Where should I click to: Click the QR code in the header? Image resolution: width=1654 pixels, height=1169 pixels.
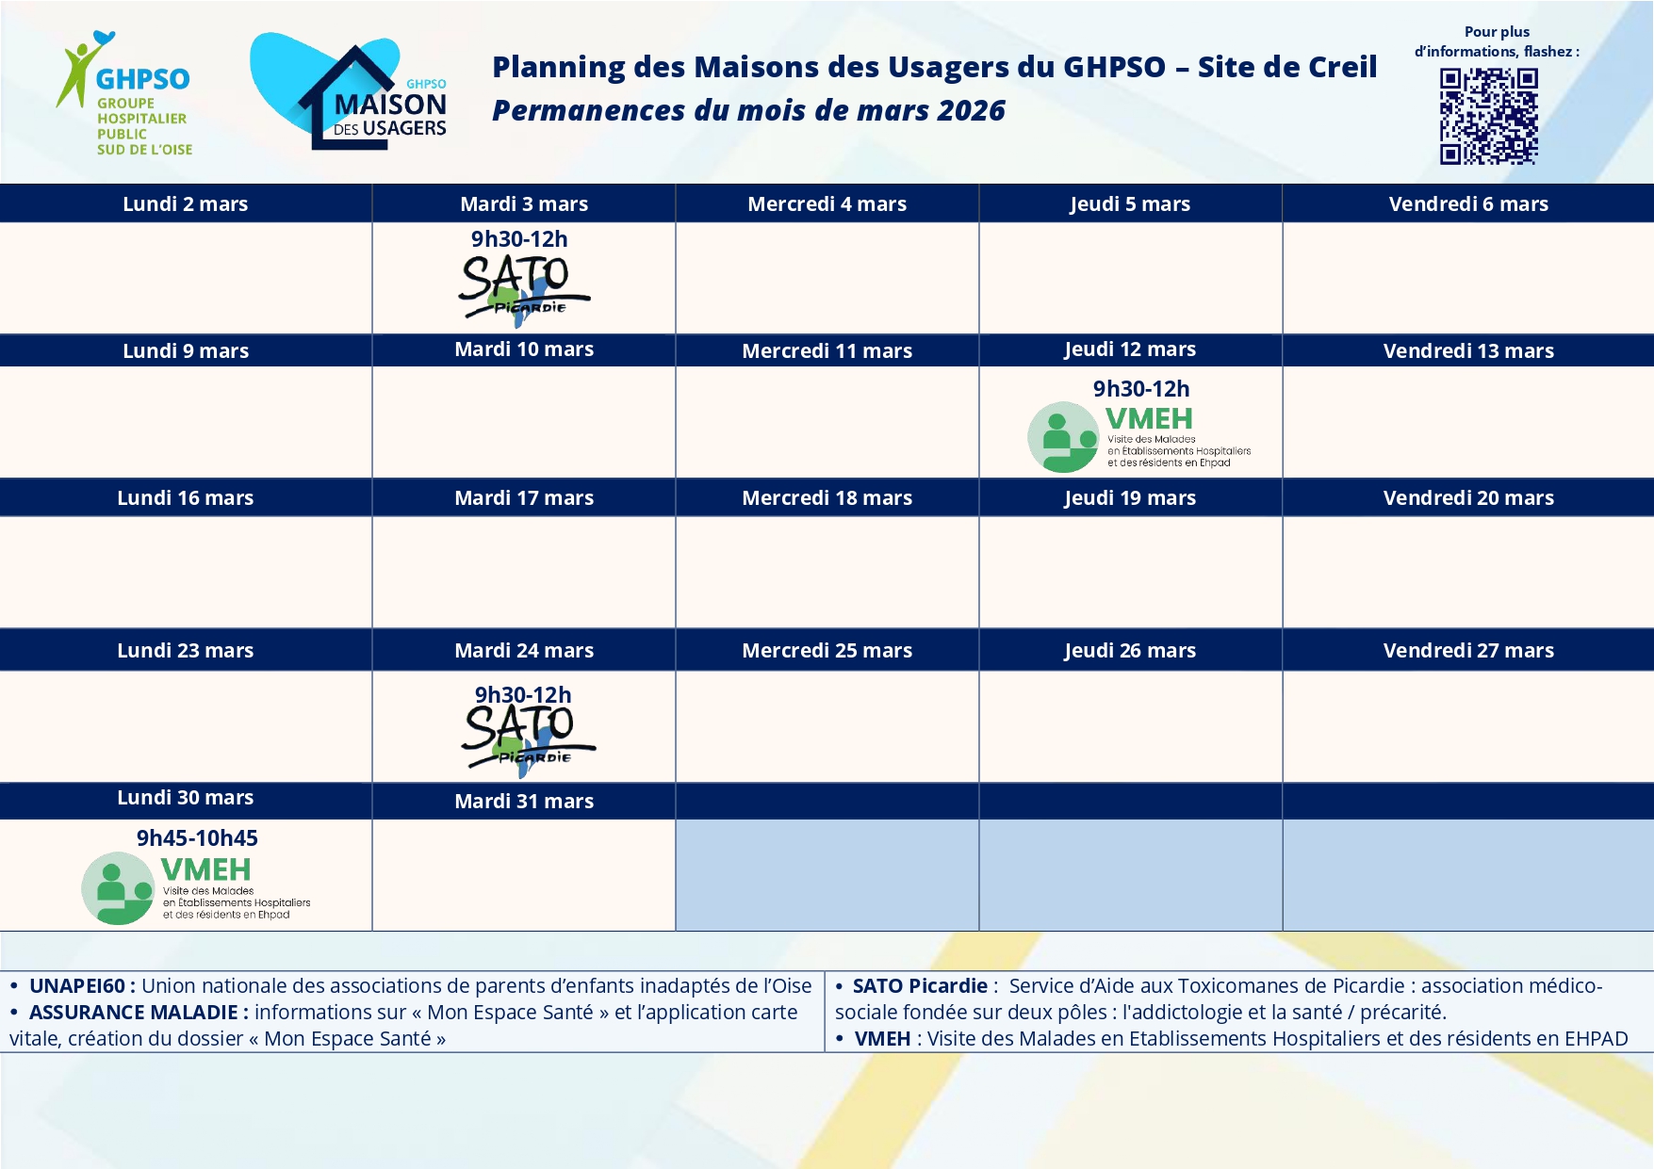(x=1488, y=117)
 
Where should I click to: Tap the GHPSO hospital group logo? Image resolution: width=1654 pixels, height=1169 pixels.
(x=124, y=94)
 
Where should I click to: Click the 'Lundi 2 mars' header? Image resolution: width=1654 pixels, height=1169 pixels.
(x=186, y=204)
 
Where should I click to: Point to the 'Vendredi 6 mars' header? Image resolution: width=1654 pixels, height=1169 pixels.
(x=1467, y=204)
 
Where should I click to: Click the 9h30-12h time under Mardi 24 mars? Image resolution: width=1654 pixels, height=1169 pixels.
(x=523, y=695)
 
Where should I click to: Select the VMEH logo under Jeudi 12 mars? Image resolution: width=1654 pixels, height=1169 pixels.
(x=1138, y=436)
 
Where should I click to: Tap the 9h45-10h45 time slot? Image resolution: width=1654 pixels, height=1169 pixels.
(x=197, y=838)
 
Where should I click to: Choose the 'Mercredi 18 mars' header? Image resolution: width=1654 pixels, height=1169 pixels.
(x=827, y=498)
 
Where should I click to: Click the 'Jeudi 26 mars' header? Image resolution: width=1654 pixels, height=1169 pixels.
(x=1130, y=651)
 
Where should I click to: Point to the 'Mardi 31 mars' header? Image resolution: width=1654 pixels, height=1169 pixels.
(x=524, y=802)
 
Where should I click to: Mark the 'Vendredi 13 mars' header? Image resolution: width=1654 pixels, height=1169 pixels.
(x=1467, y=351)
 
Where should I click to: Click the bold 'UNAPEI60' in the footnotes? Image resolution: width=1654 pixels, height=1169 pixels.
(x=77, y=986)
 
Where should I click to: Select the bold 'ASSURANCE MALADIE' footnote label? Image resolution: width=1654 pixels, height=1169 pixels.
(x=133, y=1013)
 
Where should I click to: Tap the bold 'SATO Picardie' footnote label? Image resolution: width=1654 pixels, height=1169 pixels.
(x=920, y=986)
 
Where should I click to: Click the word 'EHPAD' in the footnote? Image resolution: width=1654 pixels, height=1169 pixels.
(x=1596, y=1039)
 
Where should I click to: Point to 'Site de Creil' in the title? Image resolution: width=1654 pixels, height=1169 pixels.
(x=1286, y=67)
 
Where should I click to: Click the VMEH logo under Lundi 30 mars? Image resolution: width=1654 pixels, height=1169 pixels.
(x=196, y=887)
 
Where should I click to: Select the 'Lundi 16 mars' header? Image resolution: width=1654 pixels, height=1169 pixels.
(x=186, y=498)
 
